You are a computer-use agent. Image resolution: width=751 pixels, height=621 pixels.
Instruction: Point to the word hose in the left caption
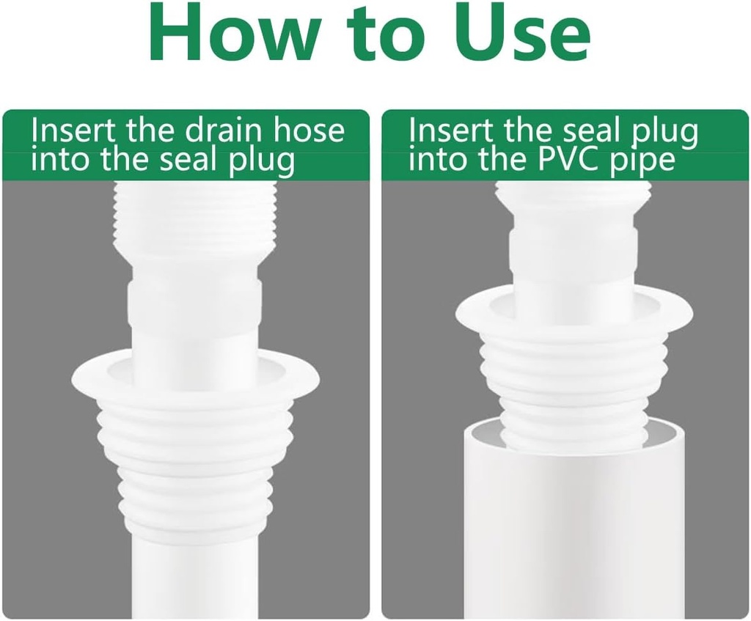(309, 131)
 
